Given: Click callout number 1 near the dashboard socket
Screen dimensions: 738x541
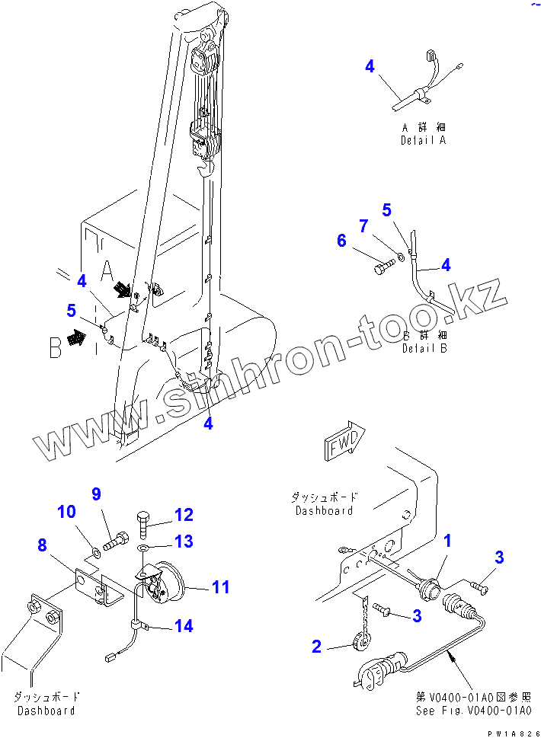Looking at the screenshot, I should [x=448, y=542].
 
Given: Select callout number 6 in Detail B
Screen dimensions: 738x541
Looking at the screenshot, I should [x=341, y=241].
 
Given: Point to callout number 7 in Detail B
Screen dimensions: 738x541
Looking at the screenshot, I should [x=363, y=225].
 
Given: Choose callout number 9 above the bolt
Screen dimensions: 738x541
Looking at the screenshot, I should [x=96, y=494].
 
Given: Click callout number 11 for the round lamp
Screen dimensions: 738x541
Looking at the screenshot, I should [x=220, y=586].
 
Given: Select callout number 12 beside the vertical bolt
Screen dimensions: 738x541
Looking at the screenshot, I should [x=184, y=515].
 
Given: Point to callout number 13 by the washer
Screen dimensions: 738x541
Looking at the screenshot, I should [x=184, y=542].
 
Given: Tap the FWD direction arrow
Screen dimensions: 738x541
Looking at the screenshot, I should [x=347, y=444].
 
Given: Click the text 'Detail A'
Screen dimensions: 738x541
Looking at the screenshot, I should [x=423, y=141].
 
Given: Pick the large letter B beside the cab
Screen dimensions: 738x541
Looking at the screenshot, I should [x=56, y=348].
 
